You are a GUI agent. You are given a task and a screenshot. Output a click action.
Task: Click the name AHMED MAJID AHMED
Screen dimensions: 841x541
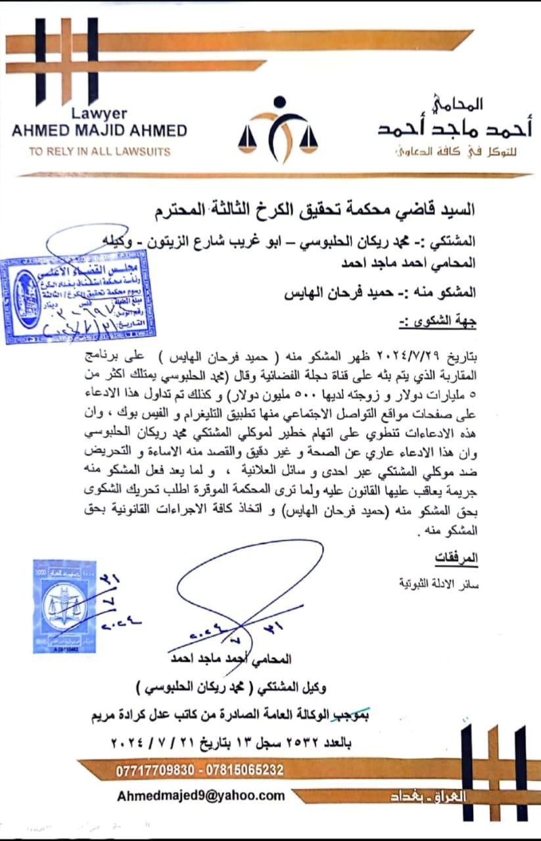99,129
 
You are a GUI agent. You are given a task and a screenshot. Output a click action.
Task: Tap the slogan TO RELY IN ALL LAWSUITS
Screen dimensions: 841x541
99,151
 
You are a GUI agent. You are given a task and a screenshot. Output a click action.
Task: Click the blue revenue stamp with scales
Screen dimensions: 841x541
64,606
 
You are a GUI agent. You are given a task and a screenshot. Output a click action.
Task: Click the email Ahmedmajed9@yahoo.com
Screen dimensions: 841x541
201,796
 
